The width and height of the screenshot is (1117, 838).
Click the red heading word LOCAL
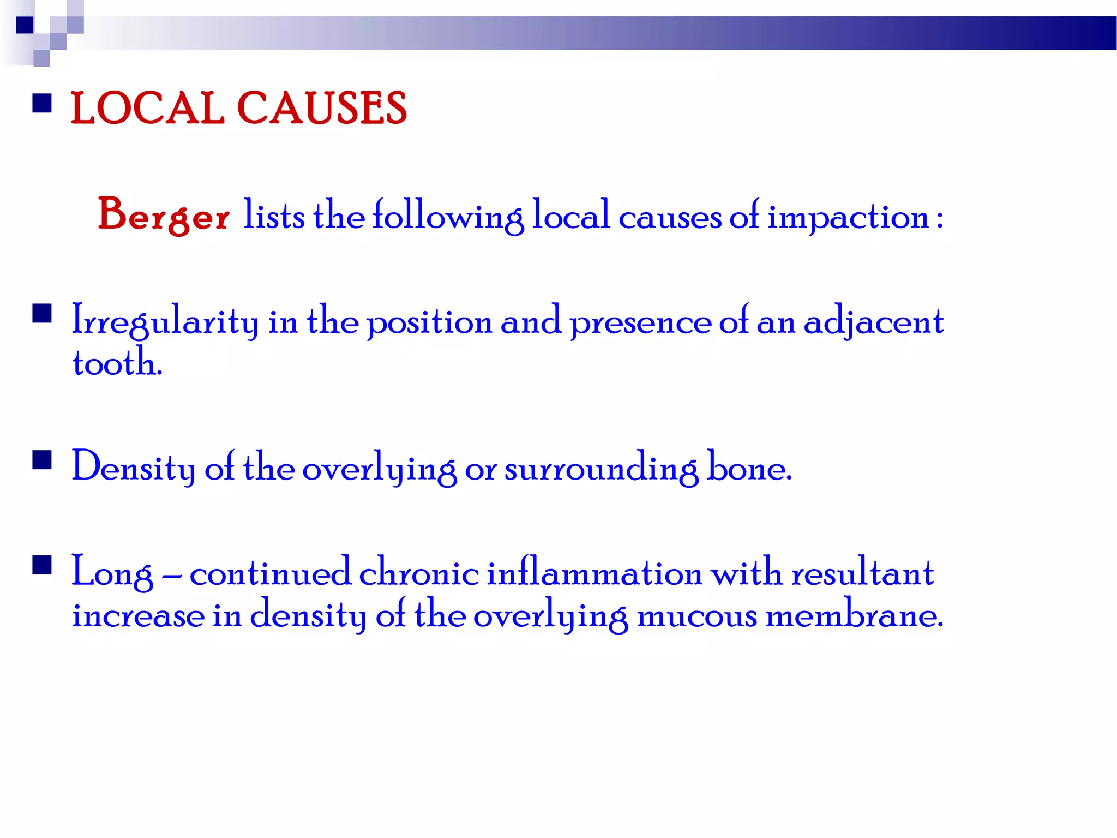pyautogui.click(x=147, y=109)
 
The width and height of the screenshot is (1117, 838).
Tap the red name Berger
pyautogui.click(x=163, y=216)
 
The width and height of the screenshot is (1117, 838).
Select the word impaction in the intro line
pyautogui.click(x=848, y=217)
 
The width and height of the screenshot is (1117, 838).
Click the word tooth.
pyautogui.click(x=117, y=363)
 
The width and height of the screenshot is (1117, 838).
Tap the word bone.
pyautogui.click(x=748, y=468)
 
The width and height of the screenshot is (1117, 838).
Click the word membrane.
pyautogui.click(x=854, y=615)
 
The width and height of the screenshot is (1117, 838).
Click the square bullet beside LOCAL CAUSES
pyautogui.click(x=42, y=103)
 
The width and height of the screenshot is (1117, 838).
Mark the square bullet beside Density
pyautogui.click(x=42, y=460)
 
